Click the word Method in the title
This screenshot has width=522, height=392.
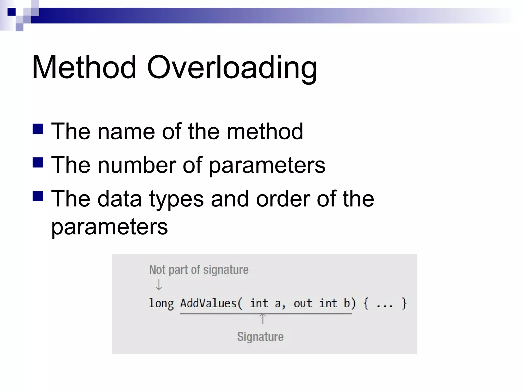pyautogui.click(x=84, y=68)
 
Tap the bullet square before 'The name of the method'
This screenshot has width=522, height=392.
pyautogui.click(x=38, y=129)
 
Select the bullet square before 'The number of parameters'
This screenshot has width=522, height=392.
pyautogui.click(x=38, y=162)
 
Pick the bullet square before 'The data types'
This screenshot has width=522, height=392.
pyautogui.click(x=38, y=196)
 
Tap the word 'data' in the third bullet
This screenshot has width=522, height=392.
pyautogui.click(x=120, y=199)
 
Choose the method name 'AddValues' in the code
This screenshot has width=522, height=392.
pyautogui.click(x=208, y=303)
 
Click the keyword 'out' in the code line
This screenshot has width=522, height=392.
pyautogui.click(x=303, y=303)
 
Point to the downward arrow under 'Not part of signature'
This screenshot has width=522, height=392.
pyautogui.click(x=159, y=285)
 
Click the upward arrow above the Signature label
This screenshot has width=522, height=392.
pyautogui.click(x=263, y=319)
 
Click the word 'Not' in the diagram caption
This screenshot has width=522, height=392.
pyautogui.click(x=157, y=270)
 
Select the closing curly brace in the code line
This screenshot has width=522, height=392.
pyautogui.click(x=404, y=303)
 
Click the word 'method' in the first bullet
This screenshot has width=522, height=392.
pyautogui.click(x=265, y=132)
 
